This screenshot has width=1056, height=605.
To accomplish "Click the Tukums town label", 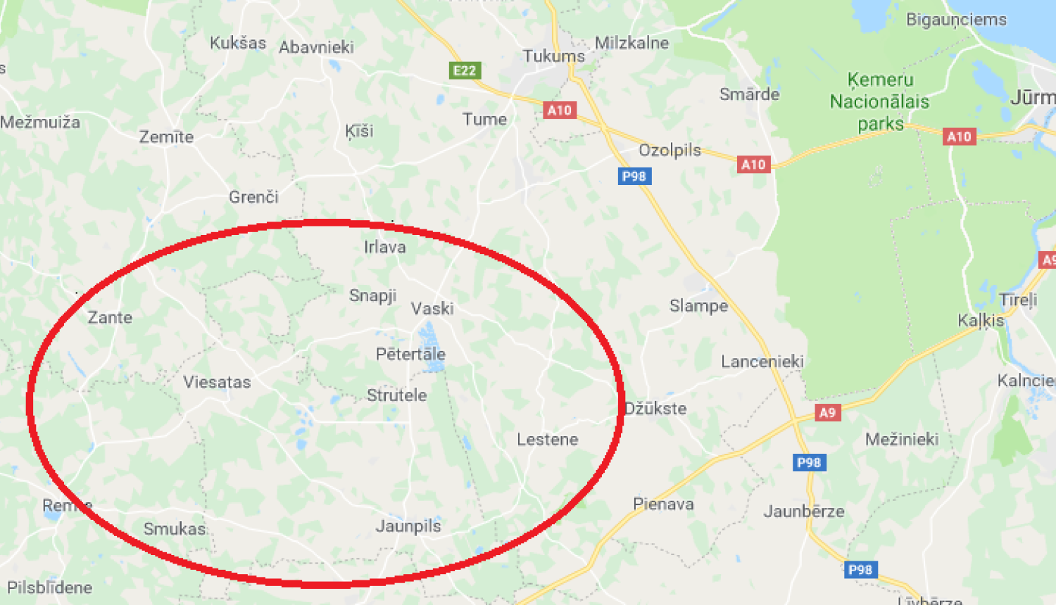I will (553, 56).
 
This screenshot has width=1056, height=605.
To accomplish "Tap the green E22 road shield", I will (465, 70).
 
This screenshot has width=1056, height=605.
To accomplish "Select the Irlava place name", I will (384, 247).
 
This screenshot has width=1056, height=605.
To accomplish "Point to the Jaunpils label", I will (408, 526).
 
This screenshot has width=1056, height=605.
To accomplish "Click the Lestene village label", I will (547, 440).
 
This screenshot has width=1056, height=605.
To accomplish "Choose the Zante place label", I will (110, 318).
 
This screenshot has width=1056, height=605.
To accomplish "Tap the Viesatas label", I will (217, 383).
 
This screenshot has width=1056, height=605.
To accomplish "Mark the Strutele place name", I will (396, 395).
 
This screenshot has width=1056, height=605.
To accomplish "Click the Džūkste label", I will (655, 409).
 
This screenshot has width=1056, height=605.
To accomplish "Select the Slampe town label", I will (698, 306).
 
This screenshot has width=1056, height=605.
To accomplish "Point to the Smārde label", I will (749, 94).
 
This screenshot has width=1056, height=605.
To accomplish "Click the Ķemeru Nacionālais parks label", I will (880, 102).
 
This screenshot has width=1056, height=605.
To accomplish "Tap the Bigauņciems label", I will (956, 20).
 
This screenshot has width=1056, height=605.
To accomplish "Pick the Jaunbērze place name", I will (804, 511).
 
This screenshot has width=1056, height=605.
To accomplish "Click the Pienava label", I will (663, 504).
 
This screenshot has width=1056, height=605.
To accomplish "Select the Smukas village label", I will (175, 529).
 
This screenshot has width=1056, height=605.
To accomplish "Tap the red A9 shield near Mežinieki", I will (827, 413).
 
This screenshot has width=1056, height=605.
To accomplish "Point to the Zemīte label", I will (166, 137).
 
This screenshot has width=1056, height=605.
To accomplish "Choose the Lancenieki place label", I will (762, 362).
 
